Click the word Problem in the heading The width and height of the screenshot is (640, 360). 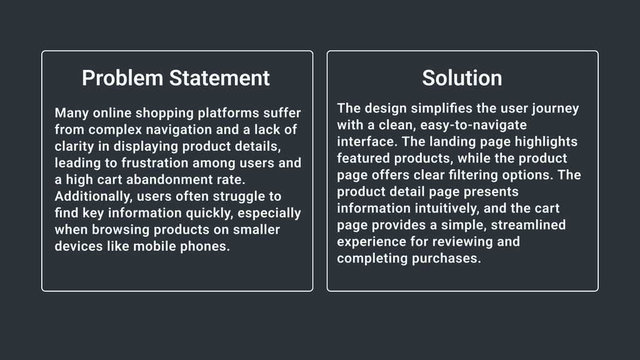[122, 78]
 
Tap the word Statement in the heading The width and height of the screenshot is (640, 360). [219, 78]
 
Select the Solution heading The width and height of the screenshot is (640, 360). [462, 78]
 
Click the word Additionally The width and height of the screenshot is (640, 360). [94, 197]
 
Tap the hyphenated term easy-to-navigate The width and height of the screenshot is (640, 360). [474, 125]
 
